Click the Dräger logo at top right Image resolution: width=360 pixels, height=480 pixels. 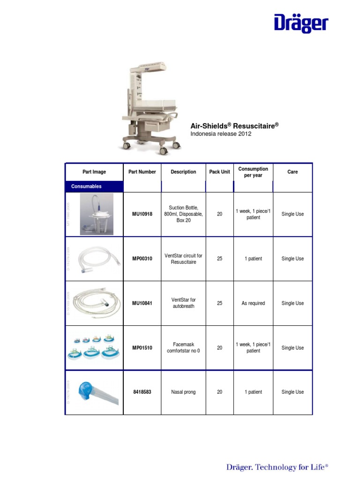pos(301,23)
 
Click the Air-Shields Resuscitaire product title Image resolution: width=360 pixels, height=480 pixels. pos(234,126)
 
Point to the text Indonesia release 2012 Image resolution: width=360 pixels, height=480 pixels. pos(221,134)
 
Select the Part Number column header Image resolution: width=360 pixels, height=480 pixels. pos(142,172)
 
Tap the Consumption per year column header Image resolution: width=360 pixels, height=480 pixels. pos(253,172)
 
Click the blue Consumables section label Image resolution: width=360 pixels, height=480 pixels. pos(86,186)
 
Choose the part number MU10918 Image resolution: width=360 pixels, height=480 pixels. pos(142,214)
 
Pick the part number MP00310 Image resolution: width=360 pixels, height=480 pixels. pos(142,259)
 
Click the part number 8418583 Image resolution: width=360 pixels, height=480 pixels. pos(142,392)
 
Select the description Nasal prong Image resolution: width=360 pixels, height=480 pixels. pos(183,392)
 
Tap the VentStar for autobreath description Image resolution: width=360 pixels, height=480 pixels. pos(183,303)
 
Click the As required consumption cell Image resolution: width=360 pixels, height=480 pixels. pos(253,303)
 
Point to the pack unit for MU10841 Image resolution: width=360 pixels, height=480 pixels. pos(219,303)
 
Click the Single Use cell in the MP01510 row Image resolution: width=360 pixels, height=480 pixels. pos(292,348)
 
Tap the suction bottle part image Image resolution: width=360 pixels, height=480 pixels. pos(97,214)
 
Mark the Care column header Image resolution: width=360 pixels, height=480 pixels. pos(292,172)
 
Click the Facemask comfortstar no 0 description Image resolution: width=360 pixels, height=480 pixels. pos(183,347)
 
